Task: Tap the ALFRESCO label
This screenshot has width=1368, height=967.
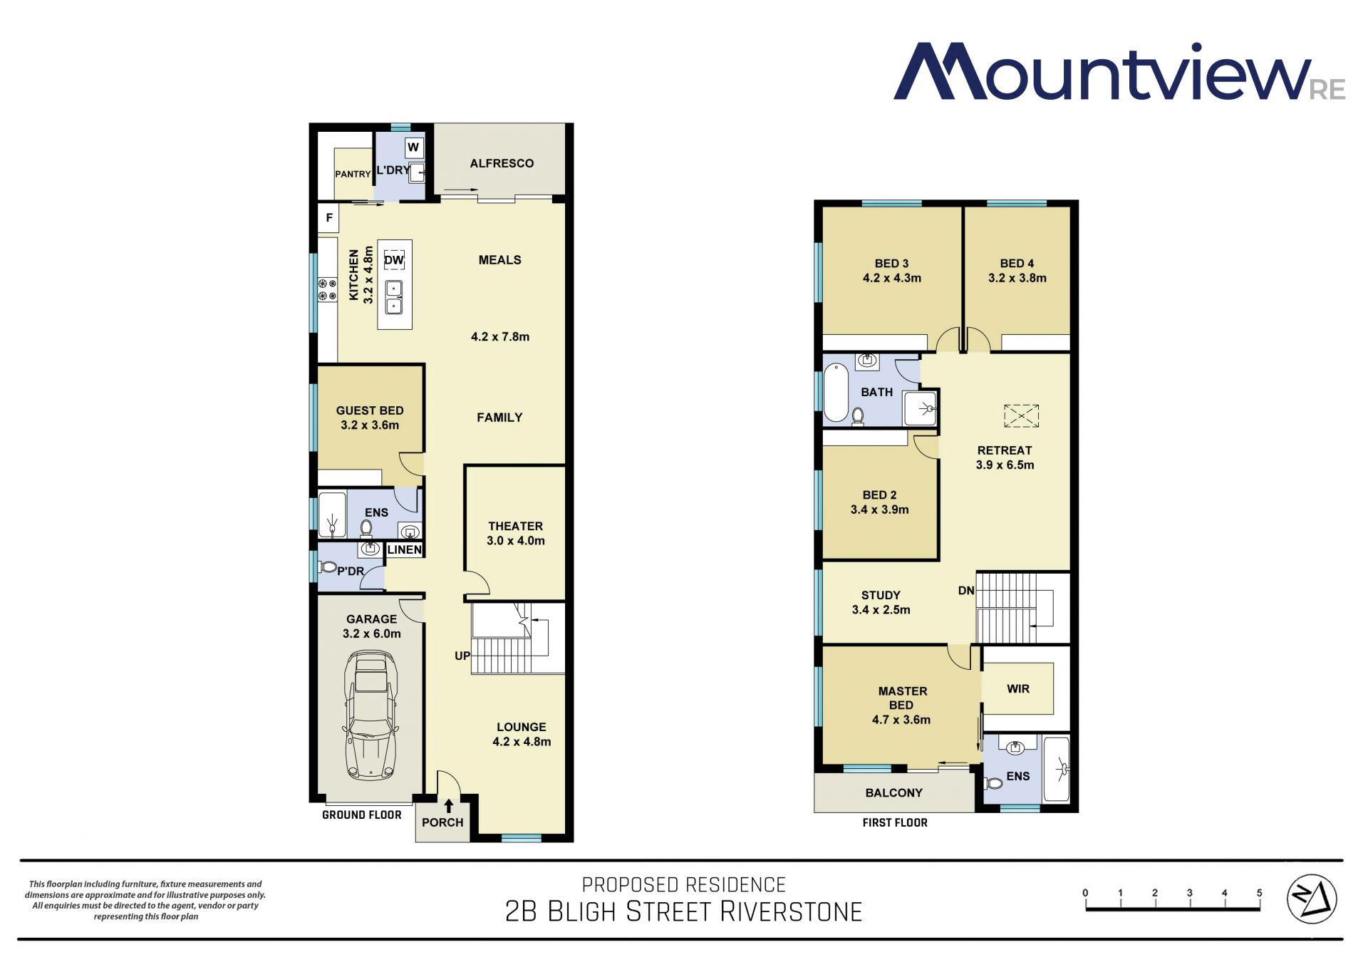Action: pyautogui.click(x=502, y=163)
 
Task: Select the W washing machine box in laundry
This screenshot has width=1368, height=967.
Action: pyautogui.click(x=413, y=148)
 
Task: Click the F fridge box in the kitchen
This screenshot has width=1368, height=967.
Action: pyautogui.click(x=328, y=217)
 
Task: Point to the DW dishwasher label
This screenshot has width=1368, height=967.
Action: pyautogui.click(x=394, y=260)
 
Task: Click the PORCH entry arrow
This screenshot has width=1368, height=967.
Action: pyautogui.click(x=449, y=806)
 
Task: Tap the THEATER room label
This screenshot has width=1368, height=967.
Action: pyautogui.click(x=515, y=526)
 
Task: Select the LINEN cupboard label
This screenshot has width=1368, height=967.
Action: pyautogui.click(x=405, y=549)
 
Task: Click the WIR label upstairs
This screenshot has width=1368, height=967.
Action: pyautogui.click(x=1018, y=688)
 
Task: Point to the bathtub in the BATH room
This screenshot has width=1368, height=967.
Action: pyautogui.click(x=836, y=393)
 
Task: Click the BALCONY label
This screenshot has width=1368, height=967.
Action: pyautogui.click(x=893, y=792)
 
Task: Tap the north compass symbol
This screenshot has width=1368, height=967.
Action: pyautogui.click(x=1312, y=899)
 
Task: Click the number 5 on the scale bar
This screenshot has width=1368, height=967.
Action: pyautogui.click(x=1259, y=893)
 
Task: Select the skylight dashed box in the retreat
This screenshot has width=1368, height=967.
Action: pyautogui.click(x=1021, y=415)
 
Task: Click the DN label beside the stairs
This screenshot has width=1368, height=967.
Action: pyautogui.click(x=966, y=590)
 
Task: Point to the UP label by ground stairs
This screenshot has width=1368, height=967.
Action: pyautogui.click(x=462, y=656)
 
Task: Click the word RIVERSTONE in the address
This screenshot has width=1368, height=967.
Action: pyautogui.click(x=791, y=911)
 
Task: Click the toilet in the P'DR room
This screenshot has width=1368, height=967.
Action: pyautogui.click(x=328, y=567)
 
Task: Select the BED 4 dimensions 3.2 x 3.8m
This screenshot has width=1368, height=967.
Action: pyautogui.click(x=1017, y=278)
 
